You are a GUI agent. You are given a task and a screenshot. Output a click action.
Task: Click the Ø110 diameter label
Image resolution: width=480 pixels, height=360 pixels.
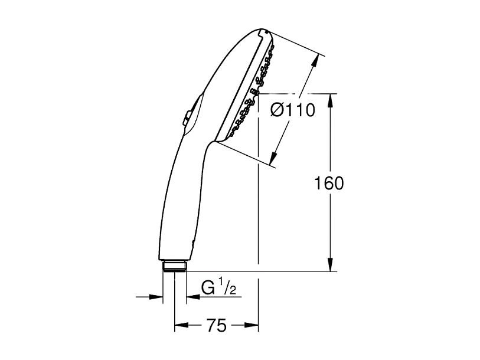click(x=293, y=110)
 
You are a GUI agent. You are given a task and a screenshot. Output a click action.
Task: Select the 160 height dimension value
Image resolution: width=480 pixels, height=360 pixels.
click(x=329, y=184)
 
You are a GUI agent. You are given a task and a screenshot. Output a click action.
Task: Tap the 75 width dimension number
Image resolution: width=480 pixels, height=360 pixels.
click(x=217, y=325)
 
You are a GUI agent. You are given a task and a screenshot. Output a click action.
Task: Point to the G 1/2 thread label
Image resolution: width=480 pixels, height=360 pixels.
click(x=219, y=288)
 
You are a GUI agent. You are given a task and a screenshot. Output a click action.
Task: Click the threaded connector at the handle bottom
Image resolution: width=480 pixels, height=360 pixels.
click(x=174, y=266)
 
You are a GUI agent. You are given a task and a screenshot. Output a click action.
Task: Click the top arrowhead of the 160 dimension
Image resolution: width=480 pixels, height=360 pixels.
click(x=330, y=100)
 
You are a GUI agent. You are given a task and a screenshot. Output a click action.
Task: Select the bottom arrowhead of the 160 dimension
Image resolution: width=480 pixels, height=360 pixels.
click(x=330, y=264)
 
